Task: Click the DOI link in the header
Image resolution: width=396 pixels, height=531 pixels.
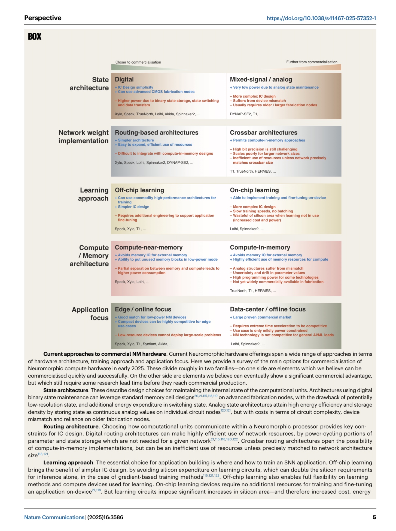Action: pos(321,18)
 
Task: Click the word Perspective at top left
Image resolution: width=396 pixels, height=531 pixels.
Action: pos(43,18)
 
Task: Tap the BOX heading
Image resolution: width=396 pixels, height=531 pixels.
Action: pos(35,37)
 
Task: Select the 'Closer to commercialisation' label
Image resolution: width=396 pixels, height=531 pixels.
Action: pos(138,62)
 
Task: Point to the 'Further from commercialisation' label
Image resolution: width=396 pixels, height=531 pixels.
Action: pos(312,62)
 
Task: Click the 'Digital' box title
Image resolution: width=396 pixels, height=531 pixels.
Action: pos(124,79)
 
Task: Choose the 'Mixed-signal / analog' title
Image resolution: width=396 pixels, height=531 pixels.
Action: pos(261,79)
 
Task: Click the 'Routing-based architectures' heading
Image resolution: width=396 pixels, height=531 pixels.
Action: pos(157,133)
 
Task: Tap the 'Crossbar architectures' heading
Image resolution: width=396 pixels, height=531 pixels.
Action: pos(264,133)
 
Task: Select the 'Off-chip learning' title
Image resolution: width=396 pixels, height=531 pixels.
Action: pos(139,190)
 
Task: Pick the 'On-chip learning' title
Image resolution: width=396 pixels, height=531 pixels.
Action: pos(254,190)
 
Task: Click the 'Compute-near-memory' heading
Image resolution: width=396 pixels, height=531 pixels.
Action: pos(149,247)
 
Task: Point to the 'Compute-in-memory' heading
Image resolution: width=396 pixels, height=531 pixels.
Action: pos(260,247)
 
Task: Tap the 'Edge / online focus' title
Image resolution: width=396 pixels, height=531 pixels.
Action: pos(143,309)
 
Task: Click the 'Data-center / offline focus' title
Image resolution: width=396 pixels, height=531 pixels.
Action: pos(268,309)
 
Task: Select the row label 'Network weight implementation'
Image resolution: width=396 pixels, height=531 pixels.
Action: pos(83,137)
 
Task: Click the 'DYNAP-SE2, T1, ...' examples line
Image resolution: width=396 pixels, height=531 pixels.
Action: pos(246,114)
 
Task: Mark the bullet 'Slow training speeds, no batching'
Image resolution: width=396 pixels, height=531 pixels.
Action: pos(263,211)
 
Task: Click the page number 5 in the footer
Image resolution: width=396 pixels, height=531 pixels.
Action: pos(374,517)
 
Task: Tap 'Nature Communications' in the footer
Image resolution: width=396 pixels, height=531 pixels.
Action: pos(54,517)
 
